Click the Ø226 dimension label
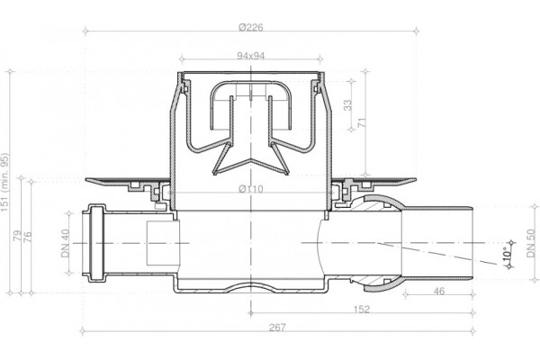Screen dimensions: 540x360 (x=251, y=27)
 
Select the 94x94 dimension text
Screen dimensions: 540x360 (x=251, y=56)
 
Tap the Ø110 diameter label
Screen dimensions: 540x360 (x=251, y=189)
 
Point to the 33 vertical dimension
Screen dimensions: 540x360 (x=348, y=104)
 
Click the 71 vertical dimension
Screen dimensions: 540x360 (x=362, y=123)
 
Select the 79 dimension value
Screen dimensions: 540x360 (x=17, y=236)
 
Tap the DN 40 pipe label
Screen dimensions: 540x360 (x=66, y=243)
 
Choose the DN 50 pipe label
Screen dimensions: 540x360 (x=531, y=243)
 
